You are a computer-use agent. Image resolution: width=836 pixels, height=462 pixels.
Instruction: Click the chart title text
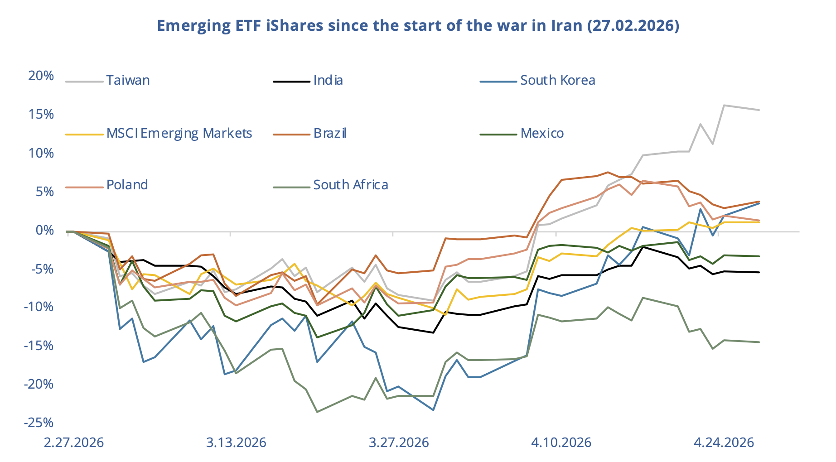(x=418, y=25)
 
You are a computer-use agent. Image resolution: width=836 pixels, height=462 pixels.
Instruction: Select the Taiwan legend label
(x=128, y=81)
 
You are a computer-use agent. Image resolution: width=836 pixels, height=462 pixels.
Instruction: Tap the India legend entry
(x=328, y=81)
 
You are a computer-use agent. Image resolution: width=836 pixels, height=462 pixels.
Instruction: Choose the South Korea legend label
(x=557, y=81)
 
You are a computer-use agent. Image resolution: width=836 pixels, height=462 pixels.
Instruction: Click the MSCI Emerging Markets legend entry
(x=179, y=134)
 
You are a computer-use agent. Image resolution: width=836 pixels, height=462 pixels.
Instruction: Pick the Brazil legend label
(x=330, y=134)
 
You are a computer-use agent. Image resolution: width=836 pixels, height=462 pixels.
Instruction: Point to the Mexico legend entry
(x=542, y=134)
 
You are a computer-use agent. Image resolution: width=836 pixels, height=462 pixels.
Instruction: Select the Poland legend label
(x=127, y=185)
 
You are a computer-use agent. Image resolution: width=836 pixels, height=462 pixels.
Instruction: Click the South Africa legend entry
(x=350, y=185)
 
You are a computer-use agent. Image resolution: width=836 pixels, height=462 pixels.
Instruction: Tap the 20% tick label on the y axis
(x=41, y=76)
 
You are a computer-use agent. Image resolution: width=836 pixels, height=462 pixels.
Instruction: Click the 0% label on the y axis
(x=44, y=230)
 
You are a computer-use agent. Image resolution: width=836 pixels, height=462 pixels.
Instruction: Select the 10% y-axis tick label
(x=41, y=153)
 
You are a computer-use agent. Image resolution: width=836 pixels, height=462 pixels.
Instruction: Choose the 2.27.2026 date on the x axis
(x=73, y=443)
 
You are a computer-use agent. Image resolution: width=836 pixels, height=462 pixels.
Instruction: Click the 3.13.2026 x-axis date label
(x=236, y=443)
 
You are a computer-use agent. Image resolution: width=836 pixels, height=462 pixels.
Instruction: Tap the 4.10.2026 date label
(x=561, y=443)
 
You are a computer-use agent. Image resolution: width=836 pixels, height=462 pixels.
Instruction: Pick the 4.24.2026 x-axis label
(x=724, y=443)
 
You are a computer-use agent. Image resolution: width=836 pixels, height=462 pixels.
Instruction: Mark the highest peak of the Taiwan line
(x=724, y=106)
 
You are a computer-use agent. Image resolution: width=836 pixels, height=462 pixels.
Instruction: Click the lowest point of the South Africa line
(x=317, y=412)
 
